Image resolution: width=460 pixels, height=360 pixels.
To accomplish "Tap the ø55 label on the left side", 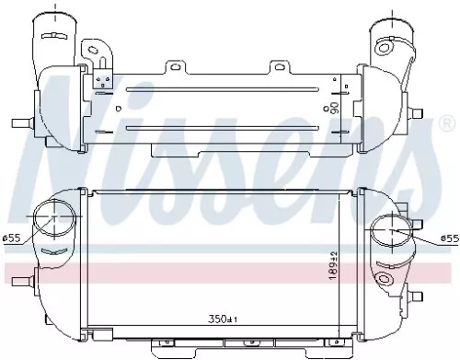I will [12, 238].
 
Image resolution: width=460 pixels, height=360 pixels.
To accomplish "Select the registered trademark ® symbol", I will [447, 122].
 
